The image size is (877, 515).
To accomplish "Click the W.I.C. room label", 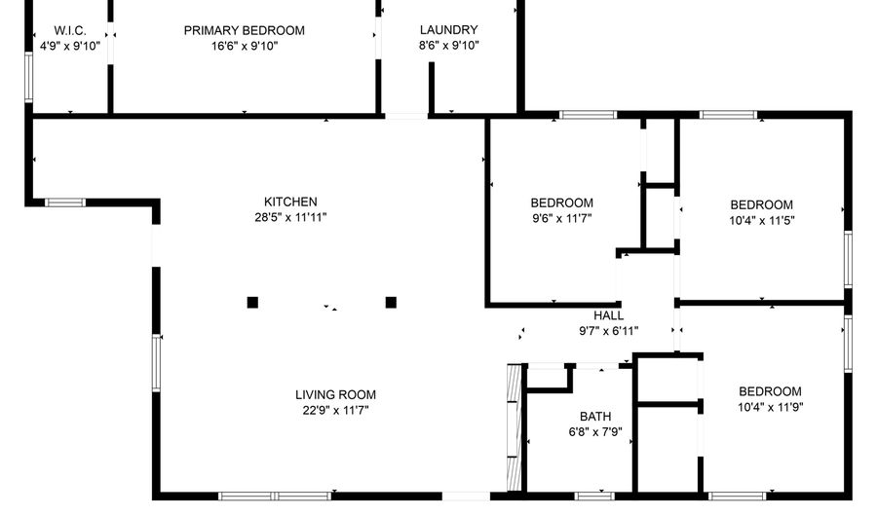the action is coord(70,30).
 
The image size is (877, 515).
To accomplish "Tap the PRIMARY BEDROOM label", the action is coord(244,30).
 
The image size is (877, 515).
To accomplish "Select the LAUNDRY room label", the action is coord(448,29).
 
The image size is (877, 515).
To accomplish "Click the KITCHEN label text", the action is coord(290,202).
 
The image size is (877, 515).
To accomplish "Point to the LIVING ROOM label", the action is coord(335,395).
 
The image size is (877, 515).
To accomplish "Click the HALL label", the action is coord(608,315).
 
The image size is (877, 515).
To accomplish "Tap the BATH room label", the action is coord(595,417).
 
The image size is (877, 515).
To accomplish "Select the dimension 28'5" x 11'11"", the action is coord(290,217).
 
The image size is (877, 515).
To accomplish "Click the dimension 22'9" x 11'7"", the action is coord(335,411).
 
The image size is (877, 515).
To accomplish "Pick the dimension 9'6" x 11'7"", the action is coord(561,218).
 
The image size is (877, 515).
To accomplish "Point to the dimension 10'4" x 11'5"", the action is coord(761,221).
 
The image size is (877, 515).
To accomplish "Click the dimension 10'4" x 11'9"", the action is coord(770,407).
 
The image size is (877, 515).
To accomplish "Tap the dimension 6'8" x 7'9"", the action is coord(595,432).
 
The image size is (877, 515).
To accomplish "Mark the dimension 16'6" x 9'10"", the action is coord(244,46).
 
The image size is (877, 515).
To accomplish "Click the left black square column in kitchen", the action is coord(252,302).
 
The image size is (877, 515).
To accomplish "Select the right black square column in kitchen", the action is coord(391,302).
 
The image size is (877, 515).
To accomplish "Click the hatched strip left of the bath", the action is coord(514,427).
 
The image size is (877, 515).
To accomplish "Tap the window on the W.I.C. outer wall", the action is coord(29,77).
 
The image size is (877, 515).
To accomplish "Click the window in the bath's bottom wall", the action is coord(594,496).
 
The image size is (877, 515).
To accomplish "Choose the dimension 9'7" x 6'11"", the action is coord(608,331).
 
